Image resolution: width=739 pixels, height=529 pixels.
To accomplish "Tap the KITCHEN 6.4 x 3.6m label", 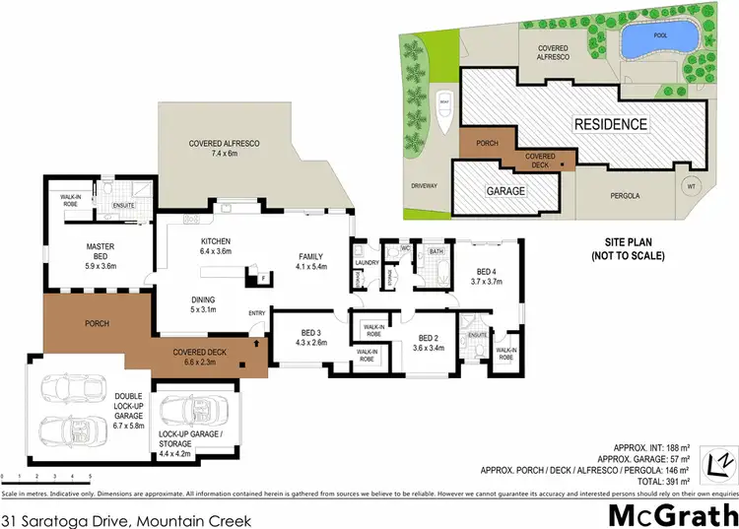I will point(215,246).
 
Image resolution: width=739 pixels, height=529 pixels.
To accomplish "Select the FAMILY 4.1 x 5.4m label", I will point(311,261).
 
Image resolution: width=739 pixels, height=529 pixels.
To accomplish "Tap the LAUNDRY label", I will point(368,263).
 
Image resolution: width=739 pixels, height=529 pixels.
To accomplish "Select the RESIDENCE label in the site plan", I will point(611,124).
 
